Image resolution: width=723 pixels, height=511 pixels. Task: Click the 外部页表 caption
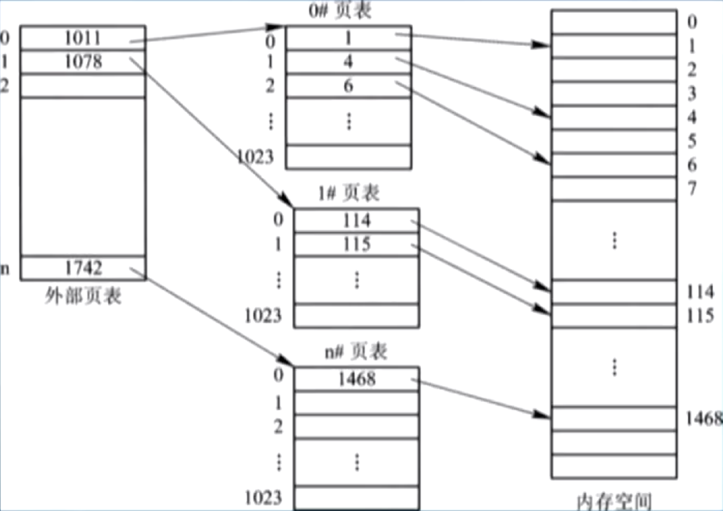[x=83, y=297]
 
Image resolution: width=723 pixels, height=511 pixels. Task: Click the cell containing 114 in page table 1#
[x=356, y=221]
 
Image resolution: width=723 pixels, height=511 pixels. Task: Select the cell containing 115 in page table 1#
[x=356, y=244]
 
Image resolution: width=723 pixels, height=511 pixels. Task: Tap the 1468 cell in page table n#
[x=356, y=379]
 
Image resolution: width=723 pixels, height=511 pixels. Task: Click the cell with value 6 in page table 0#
[x=348, y=86]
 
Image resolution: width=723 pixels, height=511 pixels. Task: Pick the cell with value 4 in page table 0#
[x=348, y=61]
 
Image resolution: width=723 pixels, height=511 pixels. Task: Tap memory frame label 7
[x=691, y=189]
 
